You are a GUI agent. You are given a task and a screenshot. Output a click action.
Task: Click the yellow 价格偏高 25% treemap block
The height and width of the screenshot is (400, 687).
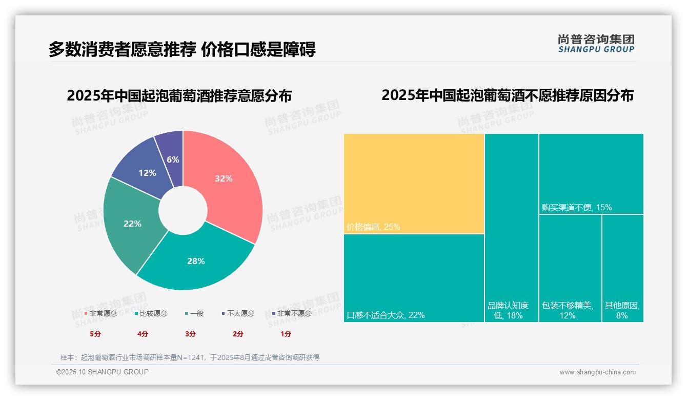[x=414, y=184]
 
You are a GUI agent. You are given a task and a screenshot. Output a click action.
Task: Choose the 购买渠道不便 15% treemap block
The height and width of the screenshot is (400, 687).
[x=591, y=173]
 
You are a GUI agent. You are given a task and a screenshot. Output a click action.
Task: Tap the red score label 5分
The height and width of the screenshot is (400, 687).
[x=95, y=334]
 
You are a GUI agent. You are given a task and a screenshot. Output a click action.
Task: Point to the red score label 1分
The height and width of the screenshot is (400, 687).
[x=286, y=334]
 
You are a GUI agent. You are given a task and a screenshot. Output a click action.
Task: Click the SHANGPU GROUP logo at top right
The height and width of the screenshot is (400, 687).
[x=596, y=44]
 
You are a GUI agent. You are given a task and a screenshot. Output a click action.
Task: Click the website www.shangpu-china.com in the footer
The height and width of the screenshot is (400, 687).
[x=597, y=372]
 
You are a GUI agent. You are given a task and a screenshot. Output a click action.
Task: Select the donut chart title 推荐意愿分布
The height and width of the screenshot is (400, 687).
[x=179, y=96]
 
